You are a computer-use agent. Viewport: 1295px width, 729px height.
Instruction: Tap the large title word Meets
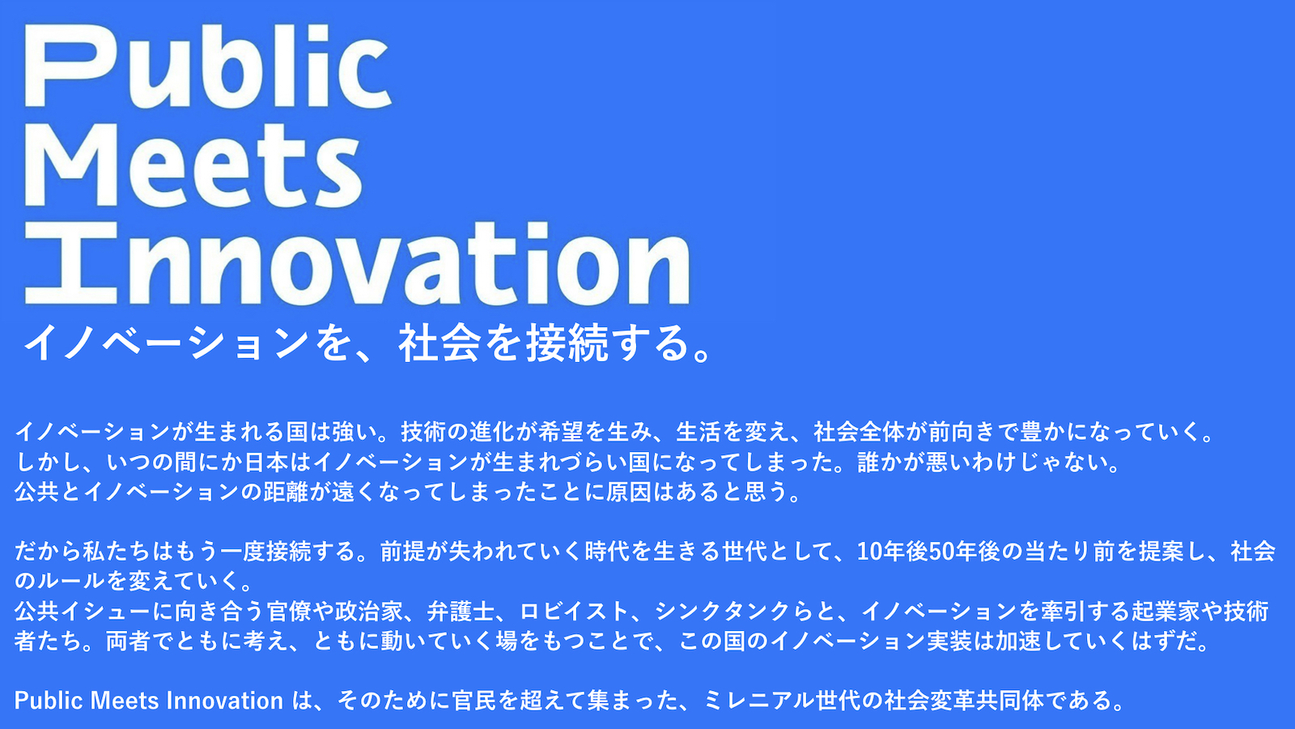pos(193,166)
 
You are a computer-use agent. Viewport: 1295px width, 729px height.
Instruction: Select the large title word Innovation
pos(357,263)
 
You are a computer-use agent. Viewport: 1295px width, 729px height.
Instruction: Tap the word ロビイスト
pos(575,612)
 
